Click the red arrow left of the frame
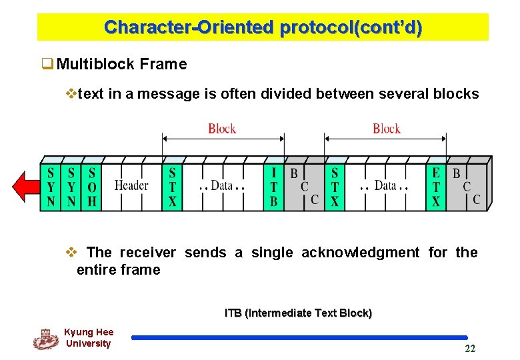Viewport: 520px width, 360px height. [x=26, y=186]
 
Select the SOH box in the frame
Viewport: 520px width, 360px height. [x=92, y=186]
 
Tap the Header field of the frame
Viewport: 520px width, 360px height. [x=131, y=185]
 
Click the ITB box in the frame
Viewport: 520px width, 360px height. [x=273, y=186]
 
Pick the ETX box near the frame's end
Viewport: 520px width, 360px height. [x=435, y=186]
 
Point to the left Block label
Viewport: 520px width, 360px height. [x=222, y=128]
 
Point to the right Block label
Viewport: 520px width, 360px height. [x=387, y=128]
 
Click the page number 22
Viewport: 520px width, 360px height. [x=470, y=349]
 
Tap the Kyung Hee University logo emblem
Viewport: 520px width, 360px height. [x=45, y=339]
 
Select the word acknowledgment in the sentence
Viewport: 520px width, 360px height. [x=361, y=252]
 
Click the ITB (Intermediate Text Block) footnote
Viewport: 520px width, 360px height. [x=298, y=313]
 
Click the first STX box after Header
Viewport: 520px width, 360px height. [x=172, y=186]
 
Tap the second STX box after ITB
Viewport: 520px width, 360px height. [x=335, y=186]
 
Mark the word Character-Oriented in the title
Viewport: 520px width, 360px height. [x=189, y=28]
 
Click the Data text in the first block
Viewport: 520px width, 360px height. [x=221, y=185]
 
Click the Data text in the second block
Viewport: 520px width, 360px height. [x=385, y=185]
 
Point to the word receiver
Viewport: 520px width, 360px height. [x=147, y=252]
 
